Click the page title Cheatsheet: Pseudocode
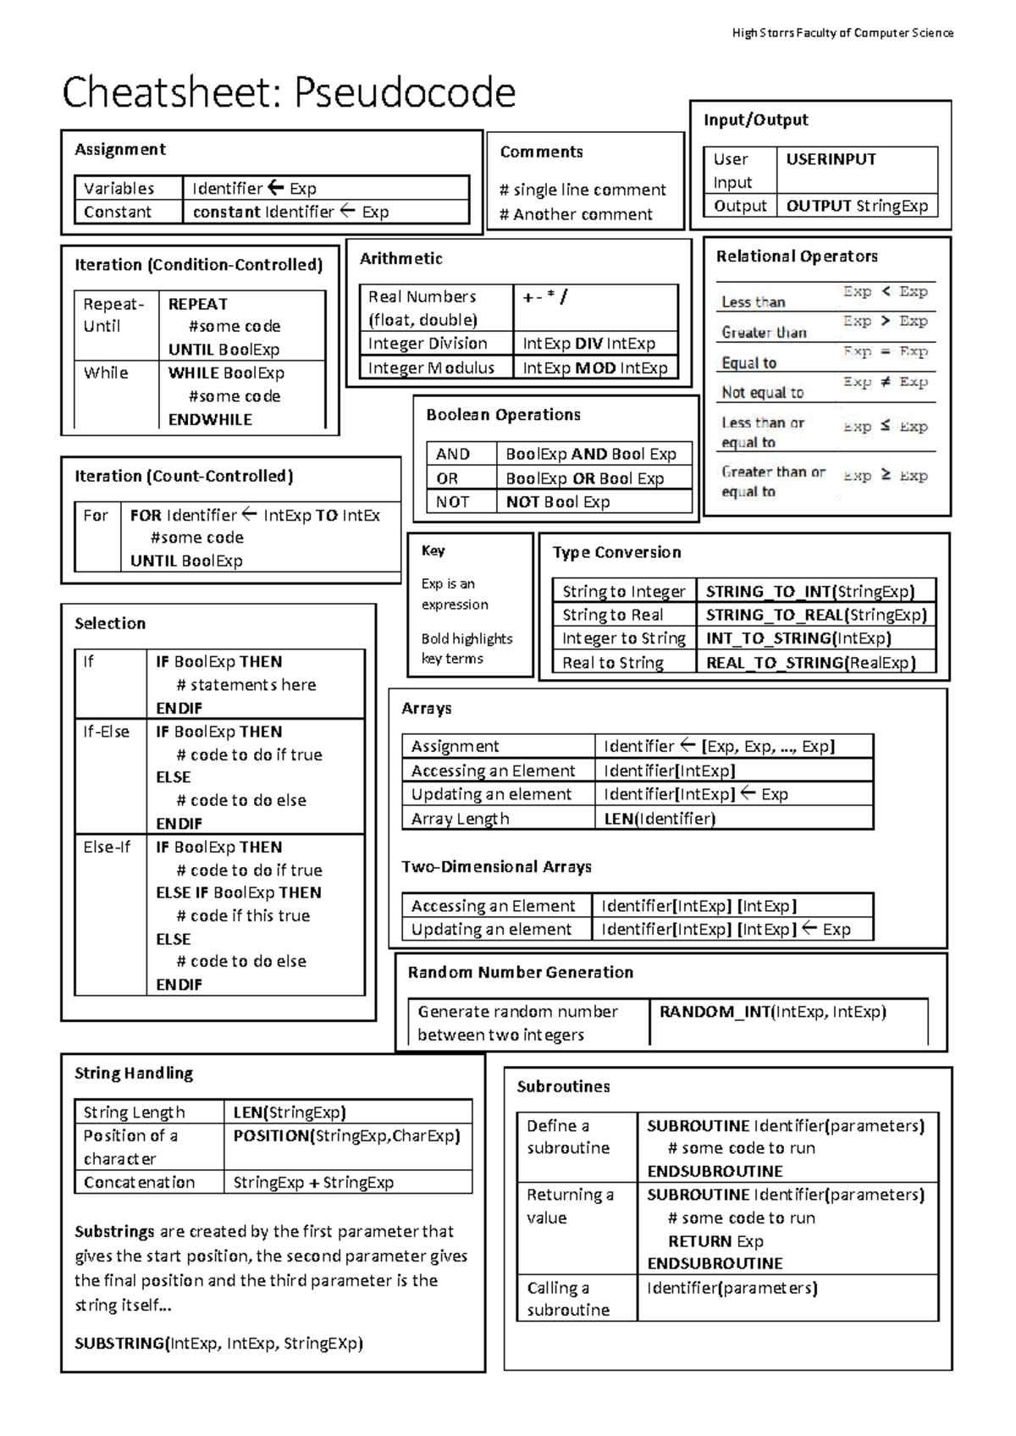pos(288,92)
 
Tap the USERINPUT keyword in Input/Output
pos(831,159)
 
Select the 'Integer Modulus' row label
pos(430,367)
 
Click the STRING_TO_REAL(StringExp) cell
pos(816,615)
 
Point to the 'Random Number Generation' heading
pos(520,972)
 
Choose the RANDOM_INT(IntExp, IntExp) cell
pos(772,1012)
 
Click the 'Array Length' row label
pos(460,819)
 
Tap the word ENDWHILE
pos(210,419)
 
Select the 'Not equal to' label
pos(762,392)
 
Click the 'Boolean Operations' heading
pos(503,415)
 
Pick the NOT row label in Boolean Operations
pos(452,502)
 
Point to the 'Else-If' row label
pos(107,847)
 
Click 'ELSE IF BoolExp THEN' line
pos(238,892)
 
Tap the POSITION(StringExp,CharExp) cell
pos(346,1135)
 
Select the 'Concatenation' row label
pos(139,1182)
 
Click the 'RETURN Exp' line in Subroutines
pos(715,1241)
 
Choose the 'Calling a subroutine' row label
pos(567,1298)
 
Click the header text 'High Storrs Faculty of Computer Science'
pos(842,33)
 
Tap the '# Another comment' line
pos(576,214)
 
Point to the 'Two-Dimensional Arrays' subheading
pos(496,867)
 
